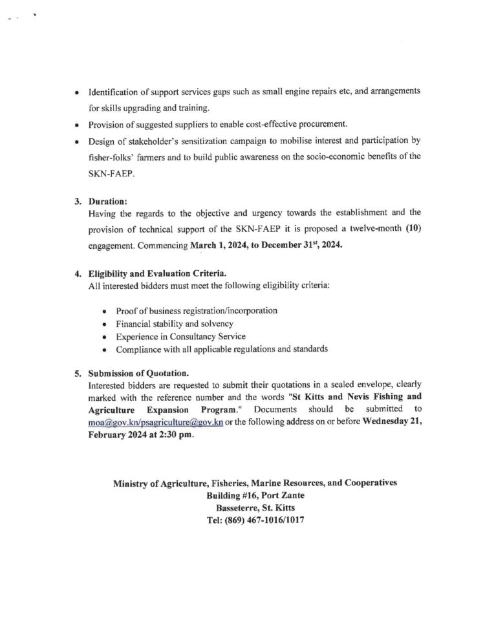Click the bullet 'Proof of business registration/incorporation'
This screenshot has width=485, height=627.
pos(197,310)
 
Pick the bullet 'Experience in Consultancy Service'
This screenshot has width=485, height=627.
pos(180,336)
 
